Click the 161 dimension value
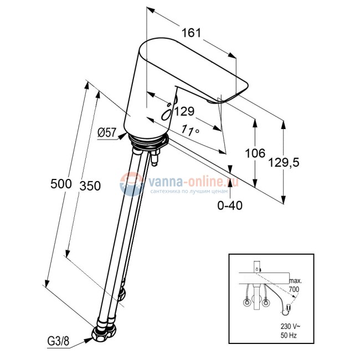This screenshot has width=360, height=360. (191, 33)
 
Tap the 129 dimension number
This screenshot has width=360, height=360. (184, 111)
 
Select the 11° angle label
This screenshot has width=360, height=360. (190, 130)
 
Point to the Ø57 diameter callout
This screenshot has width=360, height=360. (106, 132)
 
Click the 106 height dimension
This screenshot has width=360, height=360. (255, 153)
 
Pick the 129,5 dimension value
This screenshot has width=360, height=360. (284, 162)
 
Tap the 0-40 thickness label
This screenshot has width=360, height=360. (230, 205)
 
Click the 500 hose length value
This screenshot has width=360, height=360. (61, 184)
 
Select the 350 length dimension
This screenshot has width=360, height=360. (90, 186)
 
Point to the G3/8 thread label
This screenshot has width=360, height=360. (58, 342)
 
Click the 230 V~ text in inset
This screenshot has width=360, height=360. (290, 326)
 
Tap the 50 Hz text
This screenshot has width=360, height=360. (289, 336)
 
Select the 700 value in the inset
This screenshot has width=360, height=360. (294, 289)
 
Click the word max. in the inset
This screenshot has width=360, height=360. (296, 281)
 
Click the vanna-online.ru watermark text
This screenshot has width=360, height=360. (193, 182)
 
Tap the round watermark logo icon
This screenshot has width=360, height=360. (132, 184)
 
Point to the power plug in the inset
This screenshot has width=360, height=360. (289, 307)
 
